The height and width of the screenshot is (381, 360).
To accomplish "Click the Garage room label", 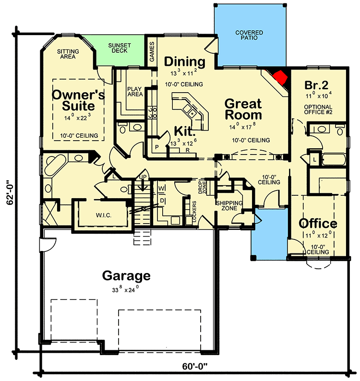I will pos(126,276).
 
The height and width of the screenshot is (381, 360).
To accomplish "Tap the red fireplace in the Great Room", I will pos(279,76).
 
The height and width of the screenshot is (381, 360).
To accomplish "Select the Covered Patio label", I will pos(249,35).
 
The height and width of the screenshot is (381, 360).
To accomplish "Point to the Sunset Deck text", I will pos(119,48).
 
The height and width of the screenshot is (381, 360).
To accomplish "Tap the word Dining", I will pos(185,62).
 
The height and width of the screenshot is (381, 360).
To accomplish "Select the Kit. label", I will pos(184,131).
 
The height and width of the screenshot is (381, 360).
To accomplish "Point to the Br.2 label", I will pos(316,85).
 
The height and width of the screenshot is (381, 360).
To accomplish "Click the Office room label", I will pos(318,224).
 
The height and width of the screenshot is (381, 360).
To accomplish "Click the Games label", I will pos(152,52).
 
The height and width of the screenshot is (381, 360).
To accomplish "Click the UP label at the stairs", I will pos(143,178).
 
